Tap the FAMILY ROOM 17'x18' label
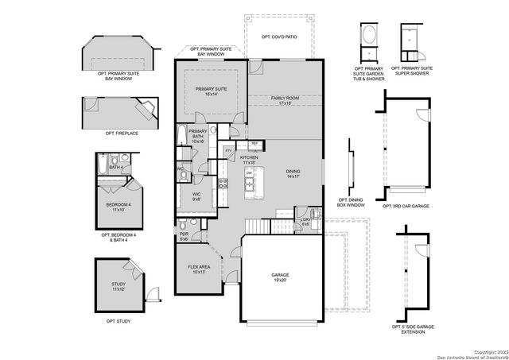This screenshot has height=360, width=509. (284, 100)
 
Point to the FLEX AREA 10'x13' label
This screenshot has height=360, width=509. (199, 269)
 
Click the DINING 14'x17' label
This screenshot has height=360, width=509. (294, 174)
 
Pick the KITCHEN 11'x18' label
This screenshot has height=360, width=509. (250, 160)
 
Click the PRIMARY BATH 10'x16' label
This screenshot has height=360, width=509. (198, 136)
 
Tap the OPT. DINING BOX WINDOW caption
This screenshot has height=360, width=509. (352, 202)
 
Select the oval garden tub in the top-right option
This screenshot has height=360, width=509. (369, 37)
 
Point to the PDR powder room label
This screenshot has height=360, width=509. (184, 236)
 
